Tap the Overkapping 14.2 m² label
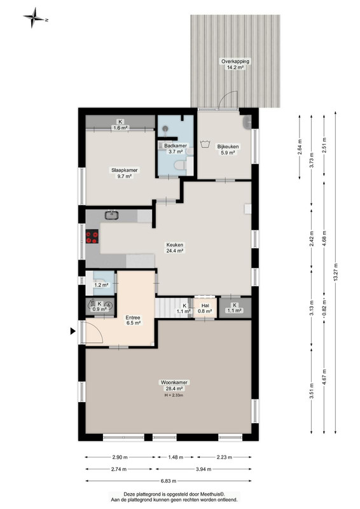(235, 64)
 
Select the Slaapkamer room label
(124, 170)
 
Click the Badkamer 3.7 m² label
(176, 149)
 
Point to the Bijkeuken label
(228, 146)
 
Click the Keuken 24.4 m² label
(175, 248)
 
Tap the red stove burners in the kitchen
(92, 236)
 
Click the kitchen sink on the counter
(112, 215)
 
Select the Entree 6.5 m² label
(133, 320)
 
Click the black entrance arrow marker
(73, 331)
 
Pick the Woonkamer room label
(174, 382)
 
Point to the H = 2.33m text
(174, 395)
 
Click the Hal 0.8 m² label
(205, 309)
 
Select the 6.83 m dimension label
(168, 481)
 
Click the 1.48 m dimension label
(176, 457)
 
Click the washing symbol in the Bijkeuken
(205, 144)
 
